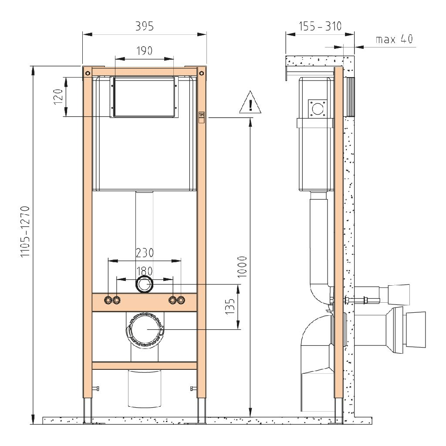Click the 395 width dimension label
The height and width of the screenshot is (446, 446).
[x=144, y=26]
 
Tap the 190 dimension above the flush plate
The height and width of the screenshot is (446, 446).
[x=145, y=51]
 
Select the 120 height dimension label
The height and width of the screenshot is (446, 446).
[x=58, y=96]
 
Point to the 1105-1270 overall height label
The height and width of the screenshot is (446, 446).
[x=25, y=231]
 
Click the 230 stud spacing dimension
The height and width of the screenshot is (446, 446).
[x=145, y=253]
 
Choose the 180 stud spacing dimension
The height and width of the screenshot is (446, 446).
[x=145, y=271]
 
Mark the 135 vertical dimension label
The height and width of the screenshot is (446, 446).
[x=230, y=306]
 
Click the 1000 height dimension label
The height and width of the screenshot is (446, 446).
[x=242, y=267]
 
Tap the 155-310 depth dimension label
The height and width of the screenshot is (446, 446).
[x=320, y=26]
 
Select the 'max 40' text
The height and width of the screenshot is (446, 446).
[x=394, y=39]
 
